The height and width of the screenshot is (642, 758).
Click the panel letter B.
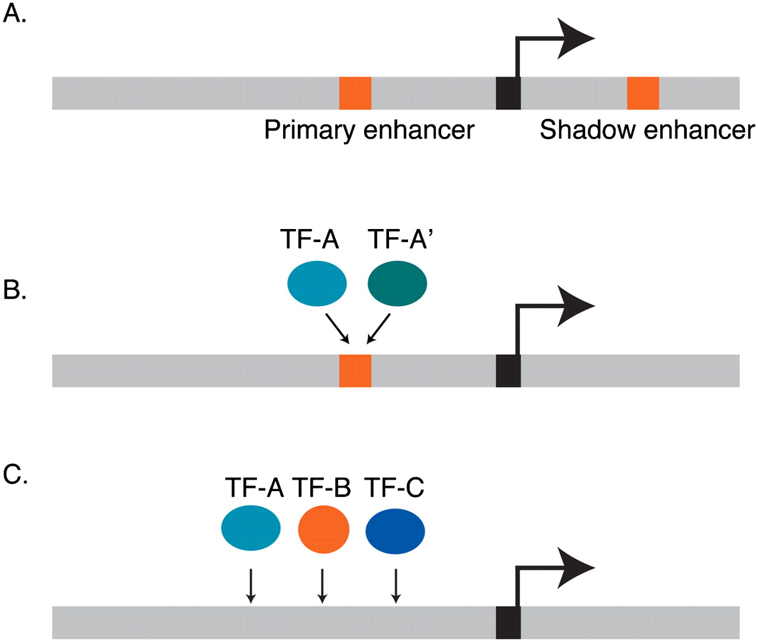pyautogui.click(x=14, y=290)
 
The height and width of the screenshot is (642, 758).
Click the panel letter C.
pyautogui.click(x=15, y=475)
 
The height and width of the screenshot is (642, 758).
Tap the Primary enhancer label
pyautogui.click(x=369, y=130)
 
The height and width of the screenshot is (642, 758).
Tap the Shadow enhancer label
pyautogui.click(x=647, y=130)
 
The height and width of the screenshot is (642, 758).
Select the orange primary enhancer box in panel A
pyautogui.click(x=355, y=93)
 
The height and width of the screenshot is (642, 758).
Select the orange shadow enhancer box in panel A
pyautogui.click(x=643, y=93)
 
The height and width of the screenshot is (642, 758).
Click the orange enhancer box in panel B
pyautogui.click(x=355, y=371)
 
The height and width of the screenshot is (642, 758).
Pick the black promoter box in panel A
pyautogui.click(x=508, y=93)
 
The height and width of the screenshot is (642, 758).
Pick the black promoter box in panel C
pyautogui.click(x=508, y=622)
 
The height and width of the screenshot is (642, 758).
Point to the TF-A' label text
pyautogui.click(x=401, y=240)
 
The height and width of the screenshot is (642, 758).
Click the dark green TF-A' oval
pyautogui.click(x=397, y=284)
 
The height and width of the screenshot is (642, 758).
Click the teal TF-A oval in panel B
pyautogui.click(x=317, y=284)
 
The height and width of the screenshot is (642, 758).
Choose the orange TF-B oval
pyautogui.click(x=323, y=529)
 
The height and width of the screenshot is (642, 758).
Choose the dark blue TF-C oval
pyautogui.click(x=395, y=530)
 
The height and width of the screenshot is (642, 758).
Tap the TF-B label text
pyautogui.click(x=322, y=488)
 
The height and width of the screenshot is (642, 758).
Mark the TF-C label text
pyautogui.click(x=394, y=488)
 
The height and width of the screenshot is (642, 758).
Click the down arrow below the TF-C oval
pyautogui.click(x=396, y=586)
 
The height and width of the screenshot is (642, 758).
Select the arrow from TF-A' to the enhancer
pyautogui.click(x=379, y=328)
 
